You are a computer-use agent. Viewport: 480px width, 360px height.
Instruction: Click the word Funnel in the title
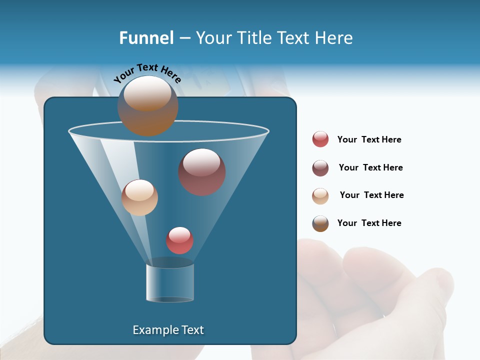click(146, 38)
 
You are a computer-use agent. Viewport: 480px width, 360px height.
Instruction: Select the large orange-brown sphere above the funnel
click(148, 105)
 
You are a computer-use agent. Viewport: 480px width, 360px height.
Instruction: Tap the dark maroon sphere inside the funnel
click(202, 172)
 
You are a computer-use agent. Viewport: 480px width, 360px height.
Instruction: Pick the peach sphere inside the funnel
click(140, 197)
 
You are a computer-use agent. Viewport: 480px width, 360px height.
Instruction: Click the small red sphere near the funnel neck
click(179, 240)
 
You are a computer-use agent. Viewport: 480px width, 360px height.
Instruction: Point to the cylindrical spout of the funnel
click(170, 283)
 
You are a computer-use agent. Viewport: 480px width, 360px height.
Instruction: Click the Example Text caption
click(168, 330)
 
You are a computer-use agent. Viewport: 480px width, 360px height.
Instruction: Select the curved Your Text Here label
click(147, 73)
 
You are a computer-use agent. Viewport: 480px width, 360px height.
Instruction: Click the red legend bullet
click(320, 139)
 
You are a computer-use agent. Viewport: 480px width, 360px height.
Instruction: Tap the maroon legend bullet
click(320, 168)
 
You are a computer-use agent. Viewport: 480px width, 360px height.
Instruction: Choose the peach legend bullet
click(320, 196)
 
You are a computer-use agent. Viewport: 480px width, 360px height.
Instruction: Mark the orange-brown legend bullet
click(320, 223)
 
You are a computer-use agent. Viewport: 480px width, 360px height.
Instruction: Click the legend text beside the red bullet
click(369, 139)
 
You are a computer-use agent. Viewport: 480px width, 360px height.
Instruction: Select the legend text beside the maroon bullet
click(370, 167)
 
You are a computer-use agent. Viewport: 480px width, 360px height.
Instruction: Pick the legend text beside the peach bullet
click(371, 195)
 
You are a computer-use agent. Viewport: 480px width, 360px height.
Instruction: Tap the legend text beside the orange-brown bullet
click(369, 223)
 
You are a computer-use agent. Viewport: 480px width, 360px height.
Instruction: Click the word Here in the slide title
click(335, 38)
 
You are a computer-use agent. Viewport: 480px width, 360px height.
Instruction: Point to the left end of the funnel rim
click(70, 132)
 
